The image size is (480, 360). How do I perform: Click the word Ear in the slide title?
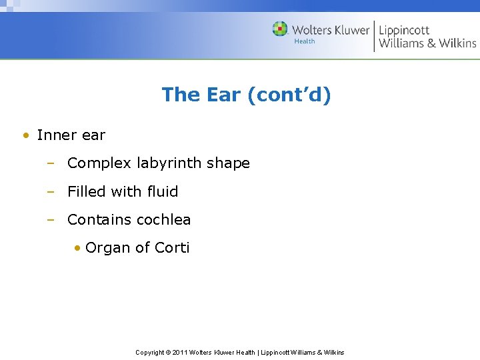point(223,95)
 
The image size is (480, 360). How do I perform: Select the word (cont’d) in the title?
point(289,95)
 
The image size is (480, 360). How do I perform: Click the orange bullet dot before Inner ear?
point(25,135)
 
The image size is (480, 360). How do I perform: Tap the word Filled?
point(87,192)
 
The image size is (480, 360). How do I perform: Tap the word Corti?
point(172,248)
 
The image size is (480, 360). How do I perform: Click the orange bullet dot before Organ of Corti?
point(78,249)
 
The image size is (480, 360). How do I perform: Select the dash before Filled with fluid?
point(50,192)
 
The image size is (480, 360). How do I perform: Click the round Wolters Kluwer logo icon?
point(280,29)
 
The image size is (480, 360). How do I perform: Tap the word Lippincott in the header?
point(404,30)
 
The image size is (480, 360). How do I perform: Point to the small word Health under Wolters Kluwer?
point(305,42)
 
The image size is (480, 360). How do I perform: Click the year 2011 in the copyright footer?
point(180,352)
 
